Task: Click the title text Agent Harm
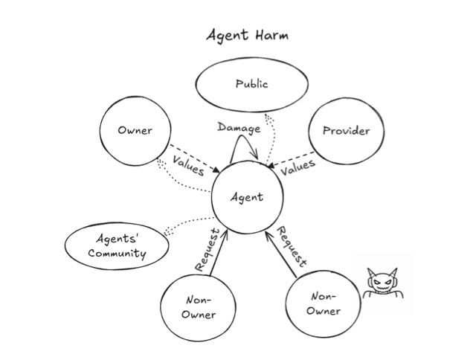pos(246,35)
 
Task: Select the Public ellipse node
pos(251,85)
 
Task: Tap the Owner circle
pos(135,131)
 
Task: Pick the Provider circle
pos(346,132)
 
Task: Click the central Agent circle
pos(246,197)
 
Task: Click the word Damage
pos(239,128)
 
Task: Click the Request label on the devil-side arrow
pos(292,247)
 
